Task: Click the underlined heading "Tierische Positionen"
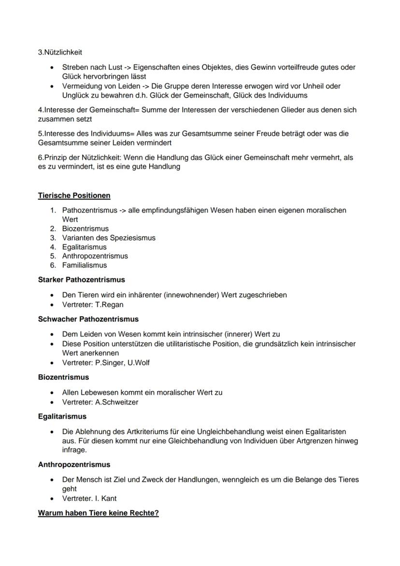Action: pos(74,195)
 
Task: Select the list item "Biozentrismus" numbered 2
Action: pos(86,229)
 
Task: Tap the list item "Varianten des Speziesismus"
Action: pos(109,238)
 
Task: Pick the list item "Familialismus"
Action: pos(85,265)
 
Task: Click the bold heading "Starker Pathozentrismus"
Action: pos(81,280)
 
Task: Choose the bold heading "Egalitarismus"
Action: pos(62,416)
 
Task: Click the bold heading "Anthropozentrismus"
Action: pos(74,464)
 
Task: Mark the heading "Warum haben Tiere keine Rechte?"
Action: pos(98,513)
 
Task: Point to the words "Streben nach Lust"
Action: pos(92,67)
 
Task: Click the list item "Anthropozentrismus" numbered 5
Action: pos(95,256)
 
